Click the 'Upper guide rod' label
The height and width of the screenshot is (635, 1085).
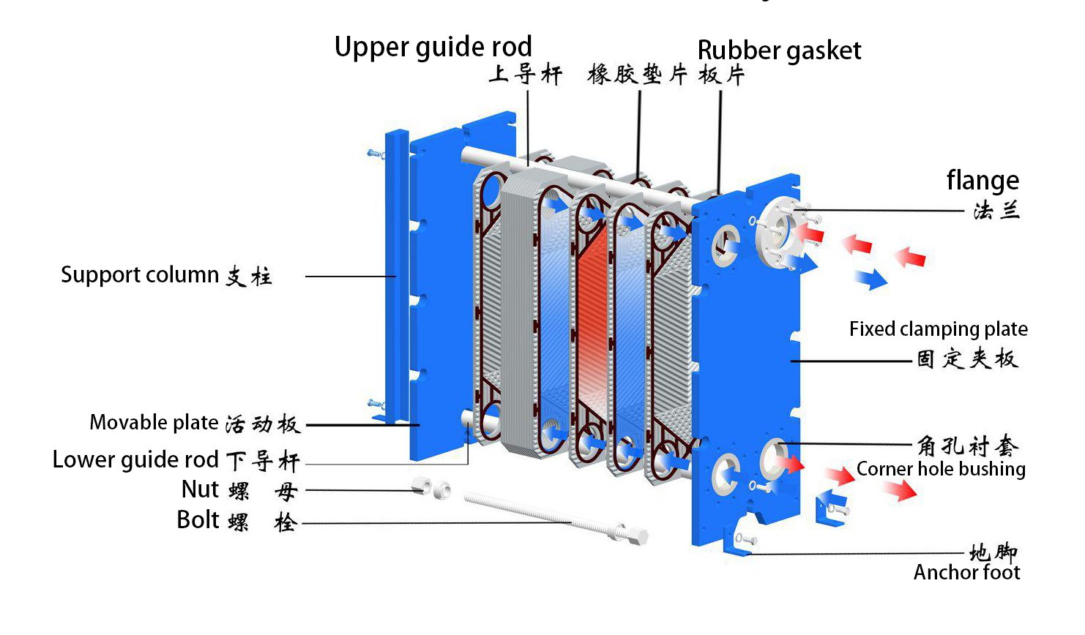tap(433, 47)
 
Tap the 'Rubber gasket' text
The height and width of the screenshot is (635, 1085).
tap(779, 50)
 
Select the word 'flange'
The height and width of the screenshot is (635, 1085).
tap(983, 180)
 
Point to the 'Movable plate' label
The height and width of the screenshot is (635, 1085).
tap(154, 423)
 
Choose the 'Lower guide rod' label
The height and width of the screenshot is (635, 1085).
tap(135, 459)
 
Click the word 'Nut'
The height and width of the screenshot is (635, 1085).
tap(200, 489)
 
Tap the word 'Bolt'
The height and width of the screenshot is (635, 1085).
tap(198, 519)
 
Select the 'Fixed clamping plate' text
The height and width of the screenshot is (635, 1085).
tap(938, 329)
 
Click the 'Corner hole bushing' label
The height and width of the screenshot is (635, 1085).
tap(941, 469)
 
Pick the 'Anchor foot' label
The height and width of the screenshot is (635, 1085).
tap(966, 572)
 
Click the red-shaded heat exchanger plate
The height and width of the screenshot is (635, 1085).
tap(592, 329)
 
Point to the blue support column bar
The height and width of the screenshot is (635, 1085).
tap(397, 278)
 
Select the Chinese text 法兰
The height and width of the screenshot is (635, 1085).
tap(996, 211)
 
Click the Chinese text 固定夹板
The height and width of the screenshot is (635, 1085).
tap(967, 358)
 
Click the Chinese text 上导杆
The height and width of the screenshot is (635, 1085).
tap(526, 74)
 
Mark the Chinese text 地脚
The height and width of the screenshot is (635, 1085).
tap(993, 552)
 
